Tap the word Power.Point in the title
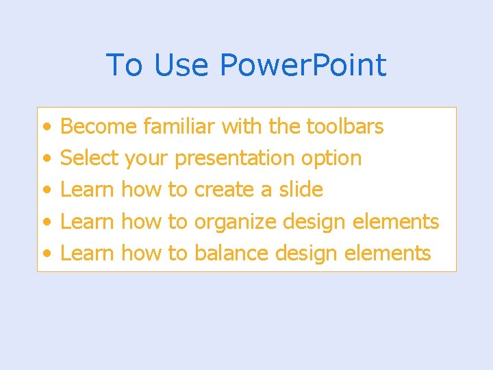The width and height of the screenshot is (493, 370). [303, 66]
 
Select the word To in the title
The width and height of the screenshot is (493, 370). [125, 66]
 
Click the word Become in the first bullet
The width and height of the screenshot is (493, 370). [99, 127]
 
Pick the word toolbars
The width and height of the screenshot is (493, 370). [344, 127]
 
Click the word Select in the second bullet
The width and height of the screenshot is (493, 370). [90, 158]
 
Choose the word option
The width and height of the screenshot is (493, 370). [331, 159]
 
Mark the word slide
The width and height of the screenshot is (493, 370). [301, 190]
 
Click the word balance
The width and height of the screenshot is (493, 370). [231, 254]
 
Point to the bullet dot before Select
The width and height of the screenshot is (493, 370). [45, 159]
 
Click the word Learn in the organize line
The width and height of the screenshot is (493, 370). [88, 222]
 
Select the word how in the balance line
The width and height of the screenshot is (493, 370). [141, 254]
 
